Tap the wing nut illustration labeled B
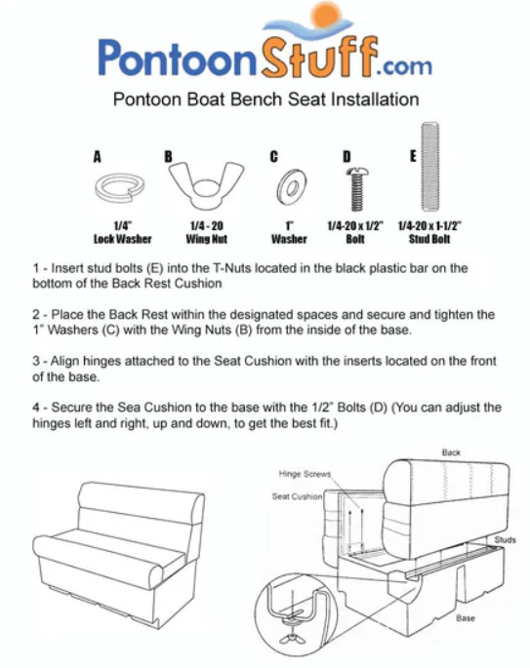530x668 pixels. click(206, 185)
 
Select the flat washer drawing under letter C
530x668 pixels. click(292, 187)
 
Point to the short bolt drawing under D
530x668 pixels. click(357, 189)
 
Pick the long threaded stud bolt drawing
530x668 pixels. click(430, 167)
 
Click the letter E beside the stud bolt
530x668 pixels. click(413, 156)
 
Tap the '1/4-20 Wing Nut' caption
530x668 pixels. click(207, 232)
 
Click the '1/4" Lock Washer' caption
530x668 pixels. click(123, 232)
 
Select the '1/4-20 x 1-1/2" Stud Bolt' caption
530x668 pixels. click(429, 232)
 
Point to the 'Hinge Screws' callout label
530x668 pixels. click(305, 474)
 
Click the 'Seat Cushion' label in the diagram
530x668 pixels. click(297, 496)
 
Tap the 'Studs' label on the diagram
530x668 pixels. click(506, 540)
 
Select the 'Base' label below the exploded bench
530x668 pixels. click(466, 618)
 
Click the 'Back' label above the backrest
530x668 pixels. click(451, 452)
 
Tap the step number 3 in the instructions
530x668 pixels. click(36, 361)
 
